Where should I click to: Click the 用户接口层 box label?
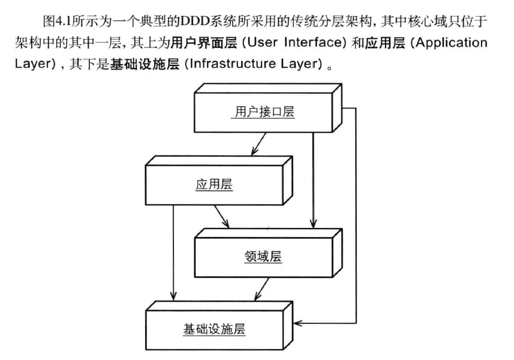click(x=264, y=112)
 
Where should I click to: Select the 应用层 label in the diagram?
click(x=214, y=184)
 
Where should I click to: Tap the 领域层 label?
click(x=263, y=256)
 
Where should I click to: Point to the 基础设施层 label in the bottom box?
click(x=214, y=329)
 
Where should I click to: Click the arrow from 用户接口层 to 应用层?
click(x=258, y=144)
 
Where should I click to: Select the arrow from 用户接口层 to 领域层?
click(x=313, y=180)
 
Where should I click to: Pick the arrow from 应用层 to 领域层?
click(x=222, y=217)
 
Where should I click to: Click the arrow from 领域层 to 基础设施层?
click(x=261, y=289)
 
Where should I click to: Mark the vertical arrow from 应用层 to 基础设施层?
click(x=173, y=253)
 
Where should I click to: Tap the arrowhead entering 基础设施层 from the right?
click(x=297, y=323)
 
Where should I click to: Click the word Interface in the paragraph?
click(x=315, y=43)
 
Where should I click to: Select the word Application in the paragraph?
click(x=452, y=43)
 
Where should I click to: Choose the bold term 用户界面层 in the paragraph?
click(x=203, y=43)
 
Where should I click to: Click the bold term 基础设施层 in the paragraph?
click(x=145, y=64)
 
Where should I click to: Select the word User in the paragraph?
click(x=262, y=43)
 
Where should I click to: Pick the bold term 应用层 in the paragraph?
click(x=385, y=43)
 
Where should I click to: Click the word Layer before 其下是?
click(x=32, y=64)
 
